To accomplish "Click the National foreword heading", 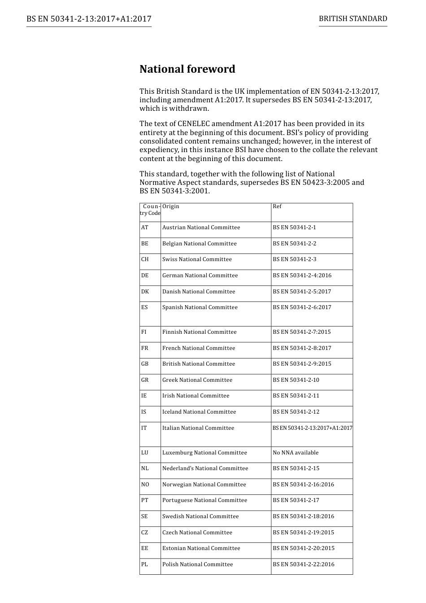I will coord(187,69).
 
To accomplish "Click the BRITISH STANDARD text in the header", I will coord(353,19).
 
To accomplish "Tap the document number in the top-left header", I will coord(89,19).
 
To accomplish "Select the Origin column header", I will coord(171,206).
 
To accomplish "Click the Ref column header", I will coord(277,206).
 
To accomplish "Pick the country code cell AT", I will coord(145,227).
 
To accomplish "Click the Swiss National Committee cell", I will coord(197,259).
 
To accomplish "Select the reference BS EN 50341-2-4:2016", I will coord(302,275).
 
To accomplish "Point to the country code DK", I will coord(145,292).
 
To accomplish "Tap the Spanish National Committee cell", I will coord(200,307).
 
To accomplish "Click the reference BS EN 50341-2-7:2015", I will coord(302,332).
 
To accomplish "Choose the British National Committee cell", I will coord(199,364).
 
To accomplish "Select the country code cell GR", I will coord(145,380).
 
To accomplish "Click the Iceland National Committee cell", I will coord(199,412).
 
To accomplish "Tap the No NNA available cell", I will coord(296,453).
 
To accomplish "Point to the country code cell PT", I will coord(145,500).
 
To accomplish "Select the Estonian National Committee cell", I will coord(201,548).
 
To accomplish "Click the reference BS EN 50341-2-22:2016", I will coord(303,564).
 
